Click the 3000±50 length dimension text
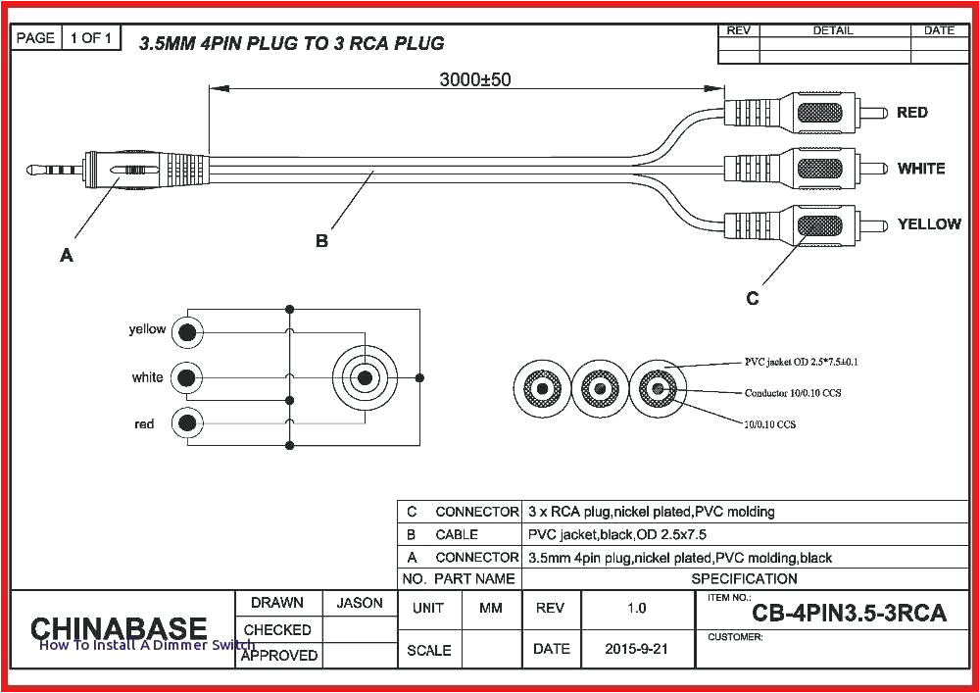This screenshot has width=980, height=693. (473, 79)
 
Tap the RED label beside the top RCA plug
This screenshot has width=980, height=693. (911, 113)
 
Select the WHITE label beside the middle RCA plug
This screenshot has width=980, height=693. (920, 169)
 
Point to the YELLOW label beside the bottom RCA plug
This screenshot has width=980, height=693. (928, 224)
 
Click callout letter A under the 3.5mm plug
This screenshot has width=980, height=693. (67, 256)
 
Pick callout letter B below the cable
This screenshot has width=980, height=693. (321, 240)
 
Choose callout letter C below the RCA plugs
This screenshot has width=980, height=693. (752, 298)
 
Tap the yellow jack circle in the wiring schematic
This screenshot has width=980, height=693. (186, 332)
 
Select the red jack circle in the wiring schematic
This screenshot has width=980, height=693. (186, 423)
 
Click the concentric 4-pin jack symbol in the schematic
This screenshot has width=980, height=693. (366, 377)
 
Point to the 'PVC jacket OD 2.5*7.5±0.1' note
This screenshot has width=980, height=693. (801, 362)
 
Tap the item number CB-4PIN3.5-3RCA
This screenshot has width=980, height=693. (849, 614)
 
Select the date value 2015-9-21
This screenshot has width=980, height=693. (636, 649)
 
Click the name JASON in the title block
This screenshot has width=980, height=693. (360, 603)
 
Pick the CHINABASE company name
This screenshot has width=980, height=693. (119, 628)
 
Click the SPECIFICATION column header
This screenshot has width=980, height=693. (744, 578)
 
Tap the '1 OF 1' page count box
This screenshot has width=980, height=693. (91, 38)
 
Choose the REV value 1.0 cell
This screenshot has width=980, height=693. (636, 608)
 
